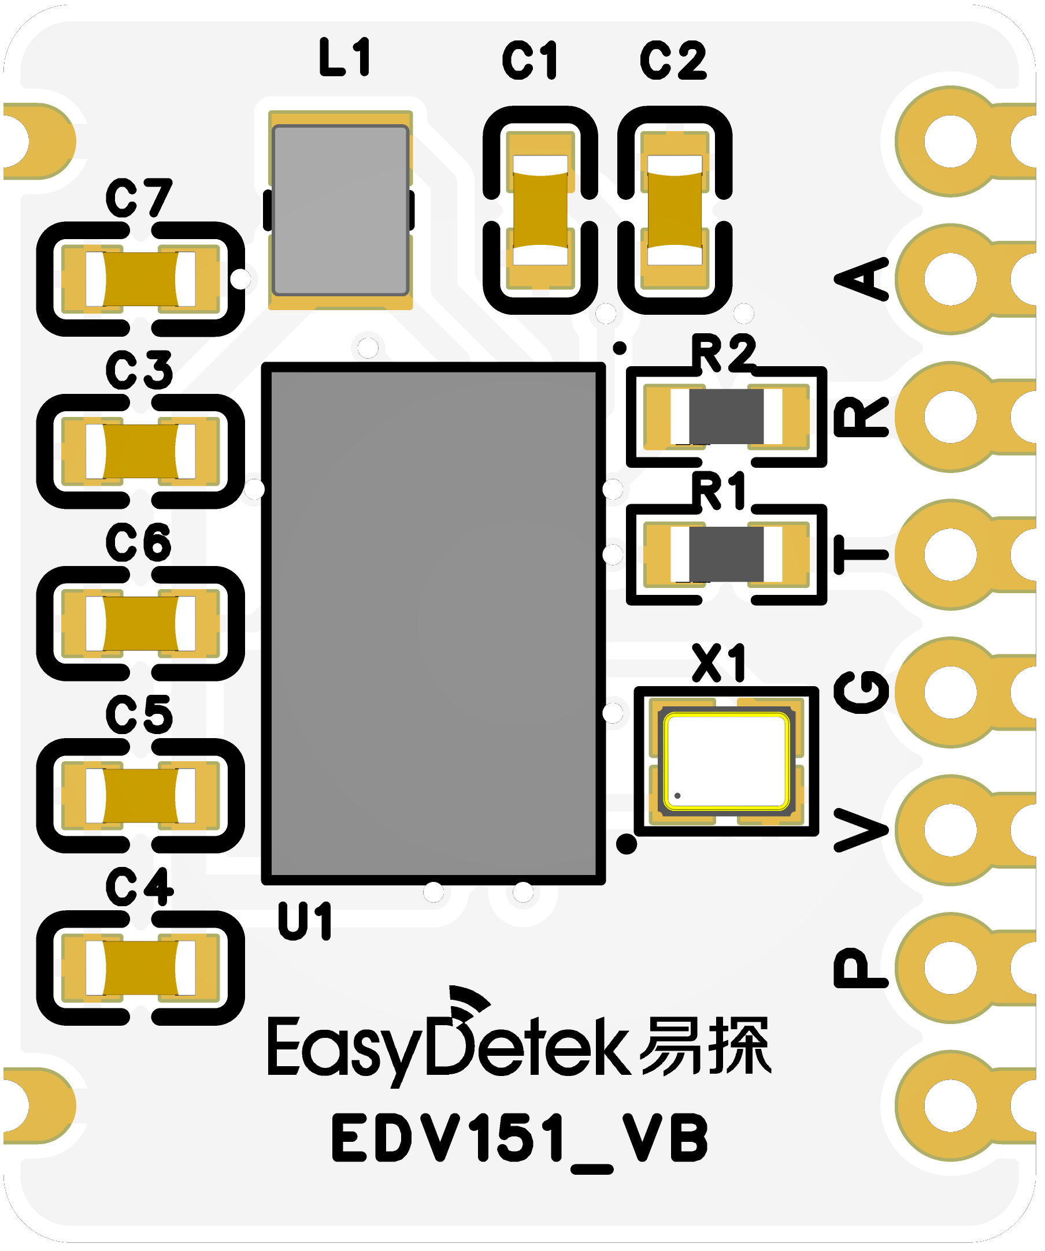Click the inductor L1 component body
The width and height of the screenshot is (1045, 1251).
pos(340,210)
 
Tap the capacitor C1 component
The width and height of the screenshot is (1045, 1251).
pos(540,210)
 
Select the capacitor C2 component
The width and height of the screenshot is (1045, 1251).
pos(675,210)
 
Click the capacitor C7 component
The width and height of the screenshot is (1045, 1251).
pos(140,279)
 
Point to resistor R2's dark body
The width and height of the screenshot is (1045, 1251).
pos(726,417)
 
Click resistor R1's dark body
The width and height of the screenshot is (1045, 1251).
pos(726,554)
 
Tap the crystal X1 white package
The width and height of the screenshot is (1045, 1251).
pos(726,762)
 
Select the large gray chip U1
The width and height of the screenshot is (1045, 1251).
pos(433,623)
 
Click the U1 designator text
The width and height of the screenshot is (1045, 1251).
pos(305,921)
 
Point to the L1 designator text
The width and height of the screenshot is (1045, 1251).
pos(345,57)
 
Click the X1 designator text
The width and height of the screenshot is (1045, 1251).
pos(719,663)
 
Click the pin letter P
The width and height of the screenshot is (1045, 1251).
pos(861,967)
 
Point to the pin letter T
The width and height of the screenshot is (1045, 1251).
pos(861,554)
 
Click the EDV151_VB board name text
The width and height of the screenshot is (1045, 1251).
pos(520,1138)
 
